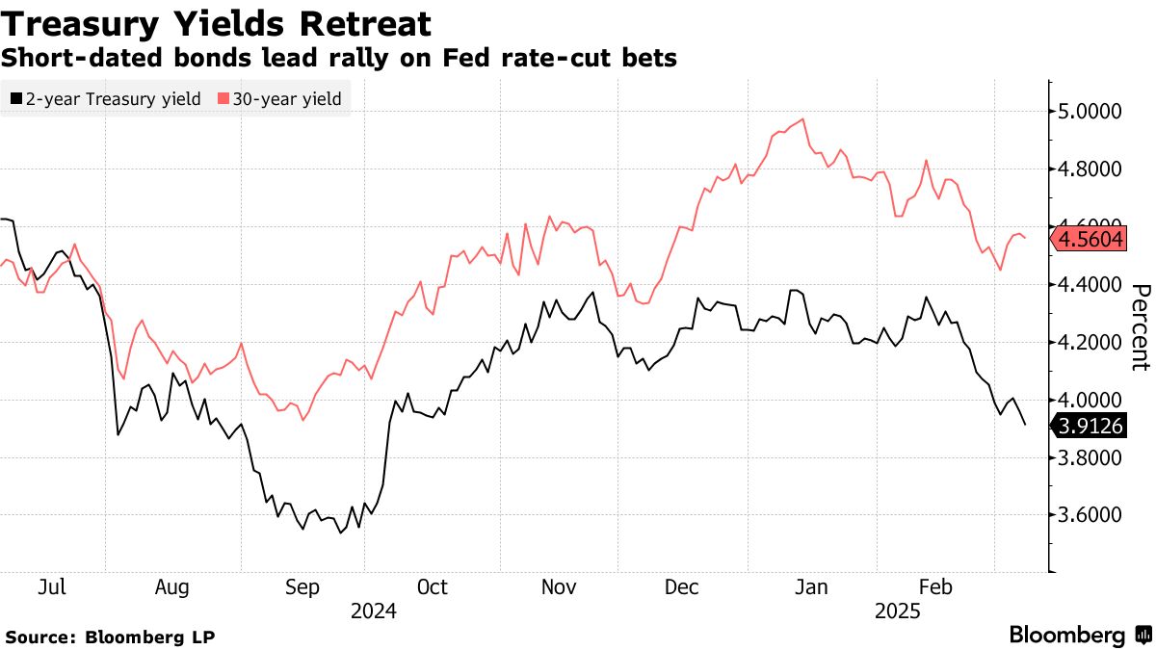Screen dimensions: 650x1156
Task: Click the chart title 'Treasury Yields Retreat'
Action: point(216,22)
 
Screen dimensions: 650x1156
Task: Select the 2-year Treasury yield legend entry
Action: point(105,98)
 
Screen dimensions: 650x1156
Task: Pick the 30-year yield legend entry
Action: point(279,98)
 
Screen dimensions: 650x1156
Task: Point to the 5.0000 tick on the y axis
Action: point(1090,112)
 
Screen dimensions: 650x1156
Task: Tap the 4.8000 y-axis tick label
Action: point(1090,169)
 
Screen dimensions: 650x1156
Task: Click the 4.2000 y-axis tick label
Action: point(1090,342)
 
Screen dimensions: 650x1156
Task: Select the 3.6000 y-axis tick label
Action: point(1090,514)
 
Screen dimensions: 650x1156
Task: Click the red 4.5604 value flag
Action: point(1090,240)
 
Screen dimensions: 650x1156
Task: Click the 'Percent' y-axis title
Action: point(1141,327)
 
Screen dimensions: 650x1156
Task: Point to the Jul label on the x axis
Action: point(54,586)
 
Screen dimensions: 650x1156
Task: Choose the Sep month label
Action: point(302,586)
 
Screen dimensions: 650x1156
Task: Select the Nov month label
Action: point(559,586)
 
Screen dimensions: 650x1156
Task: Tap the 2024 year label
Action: point(373,611)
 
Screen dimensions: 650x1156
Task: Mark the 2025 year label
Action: point(897,611)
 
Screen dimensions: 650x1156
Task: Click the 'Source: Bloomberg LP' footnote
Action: point(110,637)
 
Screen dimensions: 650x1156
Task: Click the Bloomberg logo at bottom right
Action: point(1078,635)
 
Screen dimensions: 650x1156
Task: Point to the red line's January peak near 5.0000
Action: point(802,119)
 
